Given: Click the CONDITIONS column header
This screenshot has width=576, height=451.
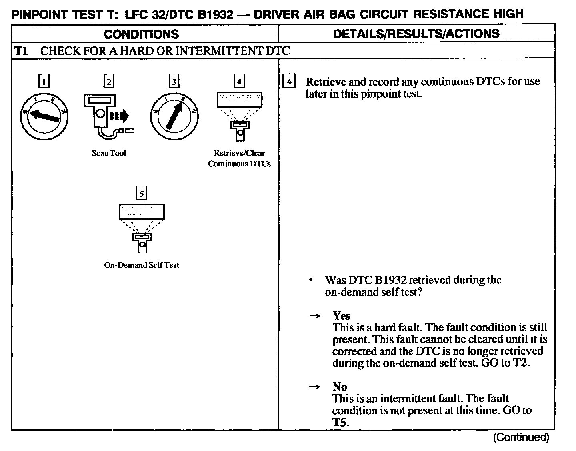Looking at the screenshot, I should [141, 34].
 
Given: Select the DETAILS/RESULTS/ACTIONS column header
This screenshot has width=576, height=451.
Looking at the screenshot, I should [416, 34].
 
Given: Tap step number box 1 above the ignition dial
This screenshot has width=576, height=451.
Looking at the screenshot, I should [44, 82].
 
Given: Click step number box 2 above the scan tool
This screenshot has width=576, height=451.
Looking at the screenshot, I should [109, 81].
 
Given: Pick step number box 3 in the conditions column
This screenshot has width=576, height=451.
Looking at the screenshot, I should [174, 82].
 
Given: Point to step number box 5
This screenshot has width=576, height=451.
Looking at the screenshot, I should [142, 194].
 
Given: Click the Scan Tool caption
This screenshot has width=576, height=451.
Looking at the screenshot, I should [109, 153].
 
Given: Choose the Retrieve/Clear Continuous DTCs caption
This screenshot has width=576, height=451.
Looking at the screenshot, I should [239, 158].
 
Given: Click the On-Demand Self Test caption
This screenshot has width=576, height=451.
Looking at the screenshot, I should [142, 265].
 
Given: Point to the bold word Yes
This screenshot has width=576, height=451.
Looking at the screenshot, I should [341, 316].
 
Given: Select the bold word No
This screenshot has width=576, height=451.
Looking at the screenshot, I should [340, 387].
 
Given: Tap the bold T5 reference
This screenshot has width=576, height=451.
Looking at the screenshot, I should [340, 422].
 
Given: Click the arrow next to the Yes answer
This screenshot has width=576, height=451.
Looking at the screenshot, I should [314, 316].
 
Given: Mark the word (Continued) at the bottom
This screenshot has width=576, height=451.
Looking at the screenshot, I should [521, 437].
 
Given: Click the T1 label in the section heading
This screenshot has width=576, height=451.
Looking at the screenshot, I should [21, 51].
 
